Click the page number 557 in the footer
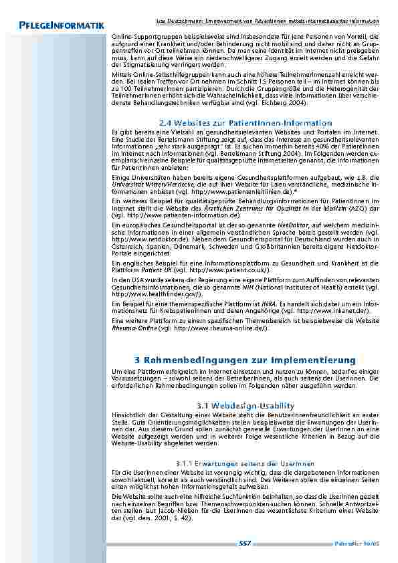244,543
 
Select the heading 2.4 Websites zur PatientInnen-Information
246,123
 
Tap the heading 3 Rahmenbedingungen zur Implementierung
245,360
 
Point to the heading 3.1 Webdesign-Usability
246,405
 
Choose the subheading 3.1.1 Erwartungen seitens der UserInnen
245,463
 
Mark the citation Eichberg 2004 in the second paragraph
287,104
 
